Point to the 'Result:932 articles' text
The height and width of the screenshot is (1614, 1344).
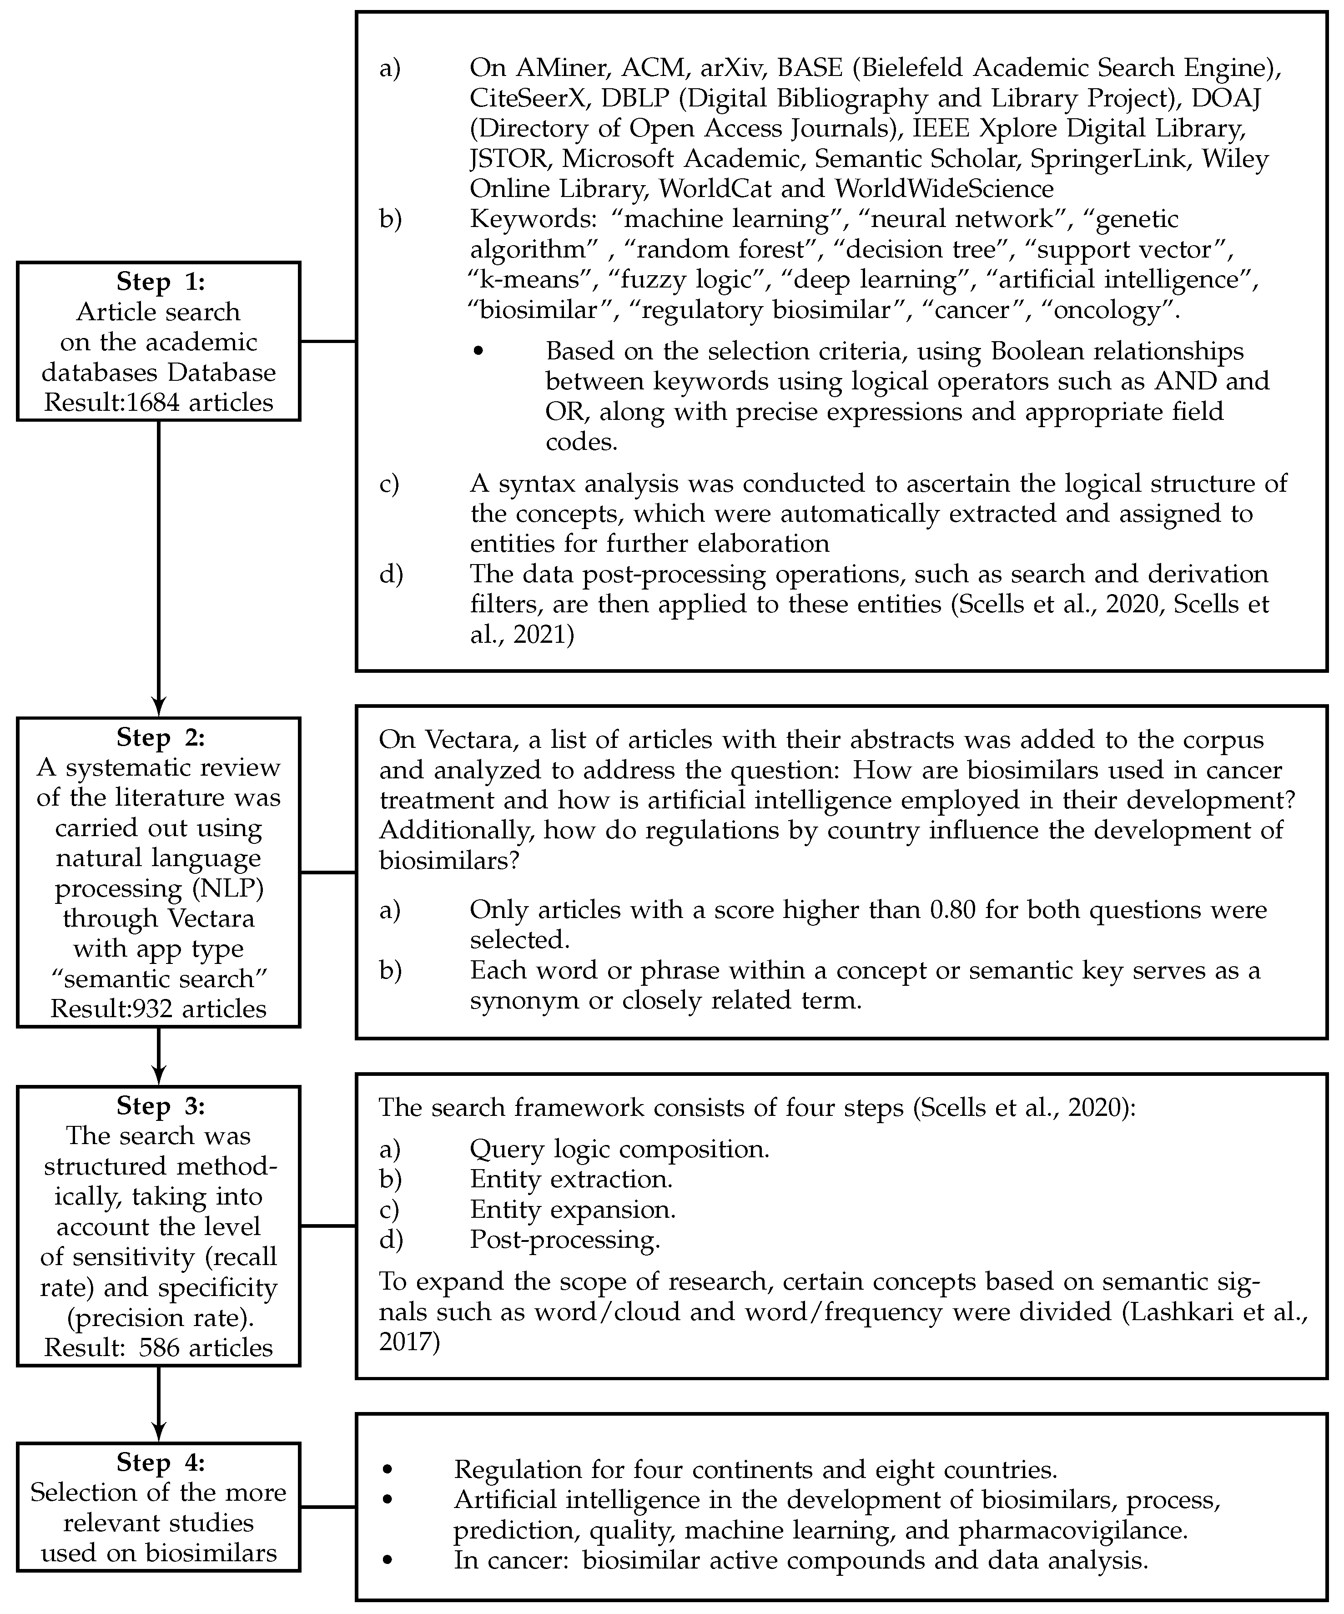[158, 1009]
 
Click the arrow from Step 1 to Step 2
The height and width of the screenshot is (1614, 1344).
[158, 569]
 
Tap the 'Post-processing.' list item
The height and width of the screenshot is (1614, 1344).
[565, 1240]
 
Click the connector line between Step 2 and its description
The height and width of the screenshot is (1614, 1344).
[327, 873]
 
